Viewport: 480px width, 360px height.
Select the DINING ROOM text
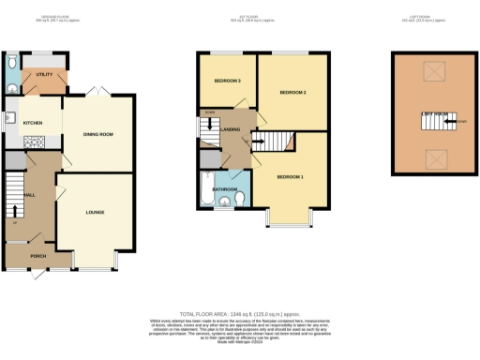tap(98, 134)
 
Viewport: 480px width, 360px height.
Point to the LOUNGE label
tap(95, 212)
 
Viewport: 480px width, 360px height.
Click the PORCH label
tap(38, 255)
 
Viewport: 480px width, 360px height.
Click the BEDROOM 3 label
tap(228, 81)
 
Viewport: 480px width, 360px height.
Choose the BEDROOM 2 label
tap(293, 92)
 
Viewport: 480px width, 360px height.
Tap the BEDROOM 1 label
tap(290, 176)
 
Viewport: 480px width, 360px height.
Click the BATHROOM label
tap(225, 188)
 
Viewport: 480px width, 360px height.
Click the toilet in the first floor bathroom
tap(241, 199)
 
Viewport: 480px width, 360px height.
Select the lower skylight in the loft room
tap(433, 157)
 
